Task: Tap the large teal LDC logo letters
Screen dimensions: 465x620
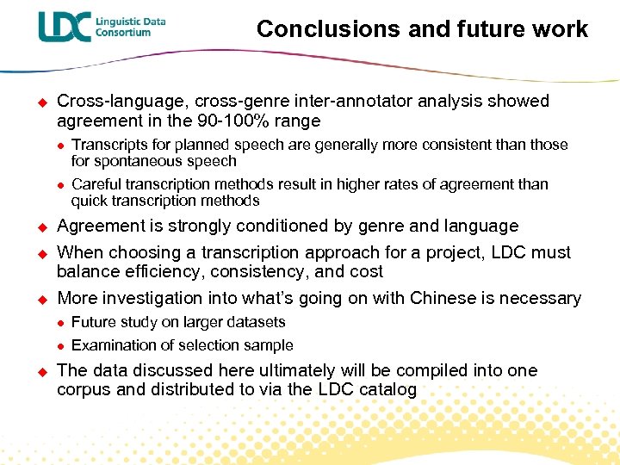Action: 64,27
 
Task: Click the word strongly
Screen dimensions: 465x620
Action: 184,226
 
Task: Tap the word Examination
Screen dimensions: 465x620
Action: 112,345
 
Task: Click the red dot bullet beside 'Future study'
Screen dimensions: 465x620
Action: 60,323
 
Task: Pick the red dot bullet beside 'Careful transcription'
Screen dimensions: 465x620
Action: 60,185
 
